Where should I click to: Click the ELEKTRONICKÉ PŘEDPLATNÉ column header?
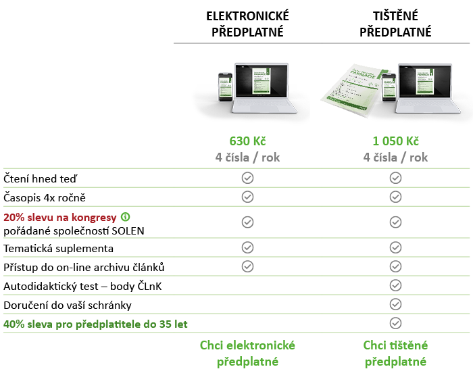(x=248, y=24)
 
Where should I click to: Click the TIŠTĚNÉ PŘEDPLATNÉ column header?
(x=395, y=24)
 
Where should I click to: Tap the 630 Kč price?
(x=248, y=141)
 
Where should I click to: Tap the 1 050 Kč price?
(x=395, y=141)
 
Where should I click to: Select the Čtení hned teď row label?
(x=41, y=178)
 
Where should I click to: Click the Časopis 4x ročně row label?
(x=45, y=197)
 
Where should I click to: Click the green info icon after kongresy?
(x=125, y=217)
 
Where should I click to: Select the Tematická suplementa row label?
(x=59, y=249)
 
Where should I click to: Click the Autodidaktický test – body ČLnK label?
(x=82, y=287)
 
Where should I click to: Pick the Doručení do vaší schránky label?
(x=68, y=305)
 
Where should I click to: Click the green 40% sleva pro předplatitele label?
(x=95, y=324)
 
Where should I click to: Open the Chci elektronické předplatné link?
(x=248, y=353)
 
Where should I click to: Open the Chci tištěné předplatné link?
(x=395, y=353)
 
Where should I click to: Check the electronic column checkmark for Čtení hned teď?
(x=248, y=178)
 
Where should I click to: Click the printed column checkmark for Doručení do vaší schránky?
(x=396, y=304)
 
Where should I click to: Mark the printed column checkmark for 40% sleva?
(x=396, y=323)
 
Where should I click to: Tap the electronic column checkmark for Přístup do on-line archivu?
(x=248, y=266)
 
